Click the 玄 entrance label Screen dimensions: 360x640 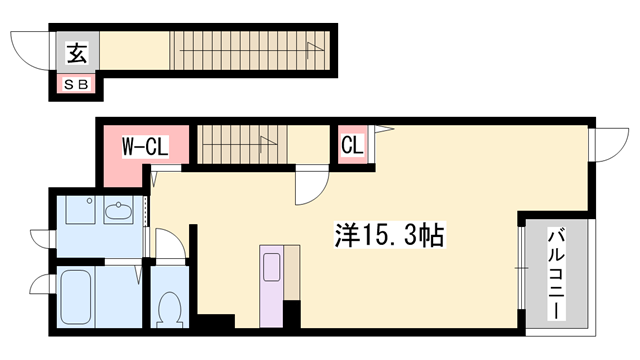coord(76,52)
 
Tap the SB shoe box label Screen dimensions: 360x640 coord(76,86)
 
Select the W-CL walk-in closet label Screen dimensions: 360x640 coord(144,147)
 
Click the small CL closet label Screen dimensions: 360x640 coord(352,146)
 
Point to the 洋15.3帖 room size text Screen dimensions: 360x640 coord(388,236)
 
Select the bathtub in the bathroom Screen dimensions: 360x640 coord(77,298)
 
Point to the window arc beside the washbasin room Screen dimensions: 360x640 coord(41,237)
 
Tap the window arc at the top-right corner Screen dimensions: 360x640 coord(605,148)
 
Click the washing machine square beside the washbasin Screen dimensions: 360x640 coord(75,211)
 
